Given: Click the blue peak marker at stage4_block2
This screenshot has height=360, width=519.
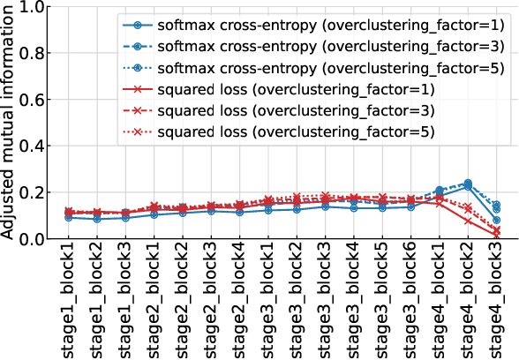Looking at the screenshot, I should click(468, 184).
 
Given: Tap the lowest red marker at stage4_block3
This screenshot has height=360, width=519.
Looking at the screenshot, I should click(496, 235).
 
